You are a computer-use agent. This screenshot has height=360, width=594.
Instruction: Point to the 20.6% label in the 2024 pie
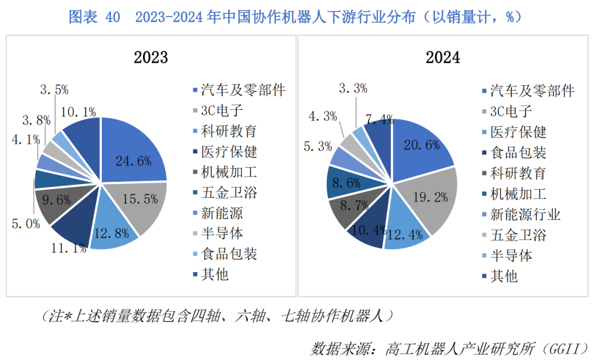421,146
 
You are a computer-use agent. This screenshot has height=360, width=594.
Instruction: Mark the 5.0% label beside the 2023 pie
26,224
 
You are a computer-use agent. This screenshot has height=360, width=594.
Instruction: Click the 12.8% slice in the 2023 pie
111,231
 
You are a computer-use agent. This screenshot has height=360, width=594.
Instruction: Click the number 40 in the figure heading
112,18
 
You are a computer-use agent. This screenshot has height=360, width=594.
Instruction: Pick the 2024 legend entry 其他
504,275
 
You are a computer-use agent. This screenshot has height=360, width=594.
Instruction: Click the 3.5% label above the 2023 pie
54,90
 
